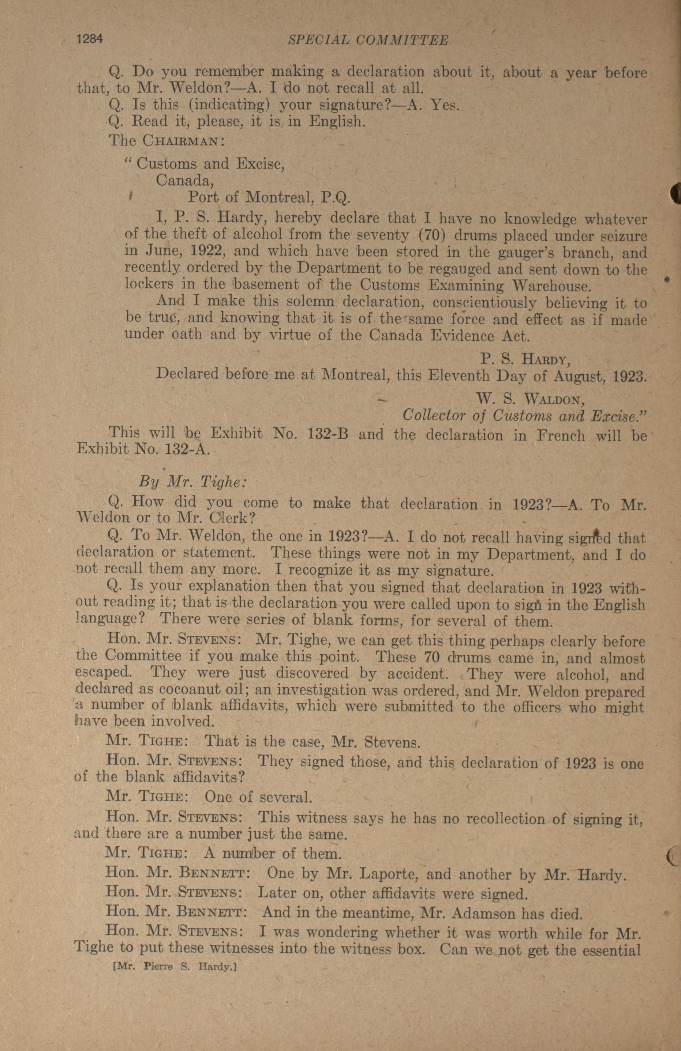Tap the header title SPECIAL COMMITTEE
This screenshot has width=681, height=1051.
(368, 41)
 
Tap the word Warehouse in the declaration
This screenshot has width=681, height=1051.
(551, 286)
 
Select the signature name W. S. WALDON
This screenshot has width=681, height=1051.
(530, 399)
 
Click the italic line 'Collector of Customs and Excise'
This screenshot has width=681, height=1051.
(524, 416)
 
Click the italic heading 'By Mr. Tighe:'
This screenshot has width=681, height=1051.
(193, 481)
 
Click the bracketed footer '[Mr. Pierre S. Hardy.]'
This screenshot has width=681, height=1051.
(175, 967)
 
